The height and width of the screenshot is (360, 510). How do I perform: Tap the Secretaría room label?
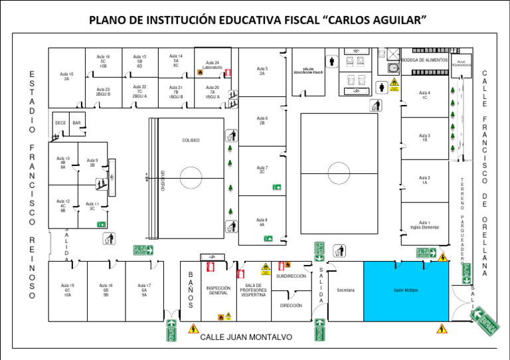click(345, 290)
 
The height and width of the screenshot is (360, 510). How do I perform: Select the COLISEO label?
click(191, 141)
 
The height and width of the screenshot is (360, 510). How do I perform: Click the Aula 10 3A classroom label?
click(66, 76)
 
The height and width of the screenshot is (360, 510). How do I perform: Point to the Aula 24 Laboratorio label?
click(212, 65)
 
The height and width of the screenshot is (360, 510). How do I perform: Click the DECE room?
click(60, 123)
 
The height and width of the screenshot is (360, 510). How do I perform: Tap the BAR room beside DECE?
click(76, 123)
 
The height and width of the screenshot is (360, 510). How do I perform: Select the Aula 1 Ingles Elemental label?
click(424, 225)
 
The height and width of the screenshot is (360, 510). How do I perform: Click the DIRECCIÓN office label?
click(291, 306)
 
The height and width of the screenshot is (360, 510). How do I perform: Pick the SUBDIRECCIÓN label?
click(291, 276)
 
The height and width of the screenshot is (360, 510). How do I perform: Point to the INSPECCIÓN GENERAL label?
click(218, 290)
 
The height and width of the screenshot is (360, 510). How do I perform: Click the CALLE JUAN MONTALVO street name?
click(246, 337)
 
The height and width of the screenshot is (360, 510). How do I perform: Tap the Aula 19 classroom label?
click(67, 290)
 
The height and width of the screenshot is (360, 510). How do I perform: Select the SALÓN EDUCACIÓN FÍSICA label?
click(309, 70)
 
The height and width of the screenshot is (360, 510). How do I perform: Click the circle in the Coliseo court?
click(191, 177)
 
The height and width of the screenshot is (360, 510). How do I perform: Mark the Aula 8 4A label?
click(262, 222)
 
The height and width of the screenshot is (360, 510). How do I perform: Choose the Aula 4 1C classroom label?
click(424, 95)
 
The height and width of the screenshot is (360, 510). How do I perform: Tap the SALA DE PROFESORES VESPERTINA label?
click(252, 290)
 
